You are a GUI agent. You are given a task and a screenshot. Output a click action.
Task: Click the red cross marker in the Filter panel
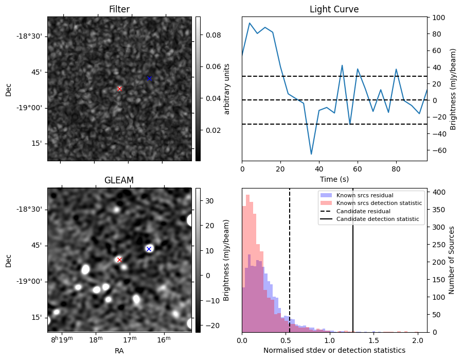pyautogui.click(x=119, y=89)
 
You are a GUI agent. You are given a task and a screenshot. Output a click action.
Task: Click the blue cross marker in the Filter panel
pyautogui.click(x=149, y=78)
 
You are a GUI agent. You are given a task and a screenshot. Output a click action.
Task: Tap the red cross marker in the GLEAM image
pyautogui.click(x=119, y=260)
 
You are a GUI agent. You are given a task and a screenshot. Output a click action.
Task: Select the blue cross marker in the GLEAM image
pyautogui.click(x=149, y=249)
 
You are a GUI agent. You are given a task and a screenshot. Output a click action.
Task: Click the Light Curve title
pyautogui.click(x=334, y=9)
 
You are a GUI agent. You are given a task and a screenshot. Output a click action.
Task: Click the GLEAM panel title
pyautogui.click(x=119, y=180)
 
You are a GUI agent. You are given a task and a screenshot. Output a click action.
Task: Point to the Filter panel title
pyautogui.click(x=119, y=9)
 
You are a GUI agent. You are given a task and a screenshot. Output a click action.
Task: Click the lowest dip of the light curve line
pyautogui.click(x=311, y=153)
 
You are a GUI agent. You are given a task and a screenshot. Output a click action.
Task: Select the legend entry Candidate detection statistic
pyautogui.click(x=377, y=219)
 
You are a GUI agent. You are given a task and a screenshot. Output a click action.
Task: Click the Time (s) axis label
pyautogui.click(x=334, y=179)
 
